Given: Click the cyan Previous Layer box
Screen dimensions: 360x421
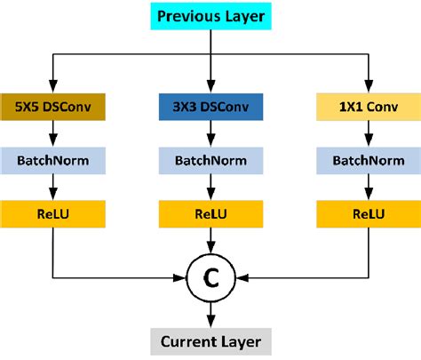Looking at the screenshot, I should tap(210, 16).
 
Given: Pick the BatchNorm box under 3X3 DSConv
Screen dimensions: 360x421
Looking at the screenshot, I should tap(210, 160).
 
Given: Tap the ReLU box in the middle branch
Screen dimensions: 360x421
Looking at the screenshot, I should tap(210, 213).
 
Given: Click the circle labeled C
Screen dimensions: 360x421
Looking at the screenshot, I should tap(210, 278).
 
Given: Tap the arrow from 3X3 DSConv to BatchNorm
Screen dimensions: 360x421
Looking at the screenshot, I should tap(210, 133).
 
